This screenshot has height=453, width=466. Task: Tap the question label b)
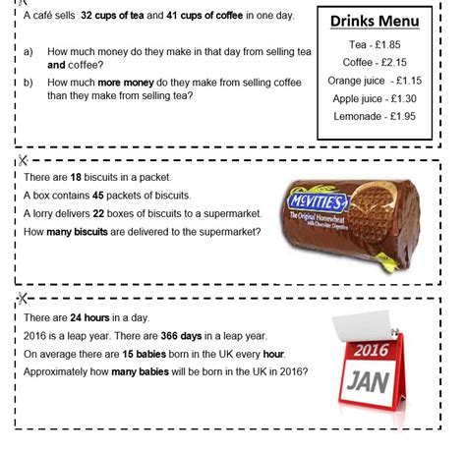point(29,83)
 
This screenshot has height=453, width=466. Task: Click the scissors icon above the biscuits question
point(22,158)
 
